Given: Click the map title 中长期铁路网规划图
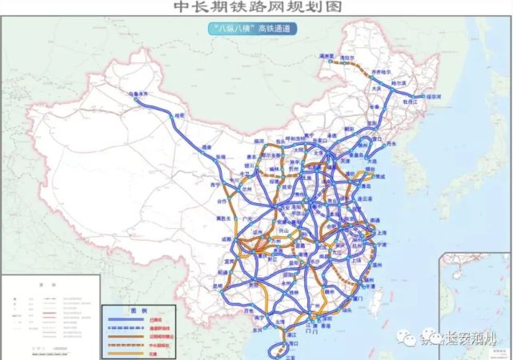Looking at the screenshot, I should coord(255,7).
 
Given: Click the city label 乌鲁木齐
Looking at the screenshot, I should coord(138,94).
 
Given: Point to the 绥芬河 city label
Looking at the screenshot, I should coord(435,96).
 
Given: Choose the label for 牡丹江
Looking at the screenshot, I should coord(411,102).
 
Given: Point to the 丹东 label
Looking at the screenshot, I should coord(391,145).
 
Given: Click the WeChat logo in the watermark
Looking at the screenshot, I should coord(433,337).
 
